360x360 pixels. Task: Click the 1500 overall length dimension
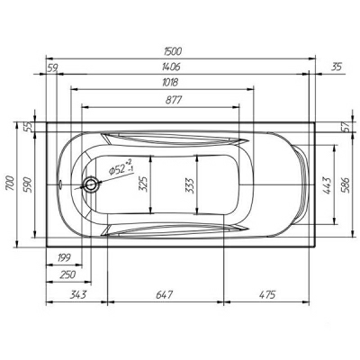[173, 51]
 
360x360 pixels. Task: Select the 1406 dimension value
[171, 67]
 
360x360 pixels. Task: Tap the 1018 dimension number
[170, 82]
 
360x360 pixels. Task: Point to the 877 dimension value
[174, 100]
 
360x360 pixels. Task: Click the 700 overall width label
[10, 183]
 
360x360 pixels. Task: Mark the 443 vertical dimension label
[328, 186]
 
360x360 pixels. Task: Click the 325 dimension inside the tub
[143, 184]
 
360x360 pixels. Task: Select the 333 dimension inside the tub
[189, 186]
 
